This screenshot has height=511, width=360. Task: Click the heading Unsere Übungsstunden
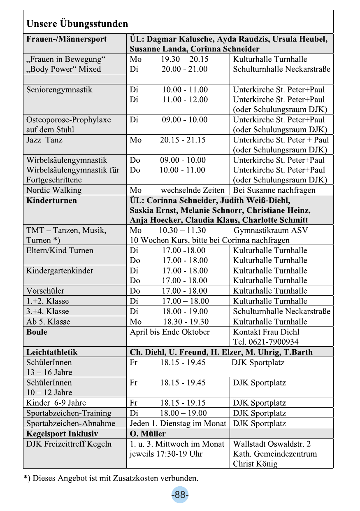coord(77,24)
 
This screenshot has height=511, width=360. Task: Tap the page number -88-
coord(180,495)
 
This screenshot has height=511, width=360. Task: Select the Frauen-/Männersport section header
coord(66,39)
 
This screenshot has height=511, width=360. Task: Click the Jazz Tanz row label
coord(44,140)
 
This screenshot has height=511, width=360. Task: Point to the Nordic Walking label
coord(54,190)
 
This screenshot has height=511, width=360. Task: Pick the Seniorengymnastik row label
coord(59,90)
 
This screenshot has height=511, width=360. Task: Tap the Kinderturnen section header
coord(51,201)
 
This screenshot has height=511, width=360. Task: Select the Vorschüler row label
coord(45,291)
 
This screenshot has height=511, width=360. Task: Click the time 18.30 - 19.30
coord(186,322)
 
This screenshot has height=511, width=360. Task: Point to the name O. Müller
coord(148,434)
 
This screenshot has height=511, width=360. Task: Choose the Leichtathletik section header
coord(52,352)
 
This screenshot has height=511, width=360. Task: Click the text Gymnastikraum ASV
coord(270,231)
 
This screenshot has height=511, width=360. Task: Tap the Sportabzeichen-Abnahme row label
coord(71,423)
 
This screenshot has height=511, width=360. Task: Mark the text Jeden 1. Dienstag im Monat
coord(178,423)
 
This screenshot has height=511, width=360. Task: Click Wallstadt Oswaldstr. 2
coord(272,444)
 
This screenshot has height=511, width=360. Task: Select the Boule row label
coord(37,332)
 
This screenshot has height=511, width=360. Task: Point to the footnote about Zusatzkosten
coord(111,478)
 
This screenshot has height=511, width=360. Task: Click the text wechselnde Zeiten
coord(193,190)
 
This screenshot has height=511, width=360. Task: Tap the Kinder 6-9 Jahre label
coord(56,403)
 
